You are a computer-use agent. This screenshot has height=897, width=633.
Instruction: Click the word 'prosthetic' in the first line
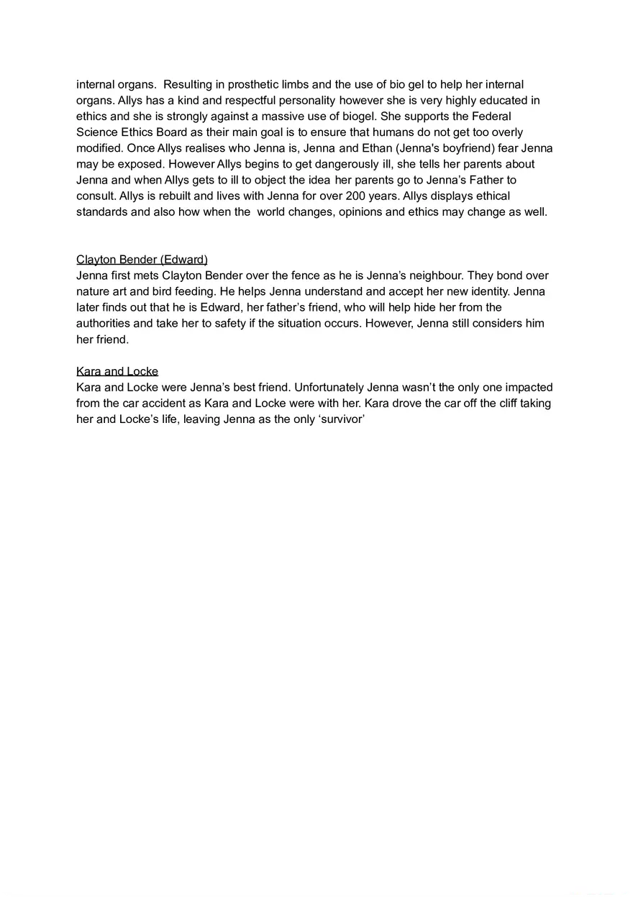(268, 85)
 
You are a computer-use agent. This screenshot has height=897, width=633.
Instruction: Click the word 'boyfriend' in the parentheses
(465, 148)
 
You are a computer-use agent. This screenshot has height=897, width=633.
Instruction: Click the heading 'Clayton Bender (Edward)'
(142, 260)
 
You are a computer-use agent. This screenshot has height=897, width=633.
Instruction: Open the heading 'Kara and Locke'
(117, 371)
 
